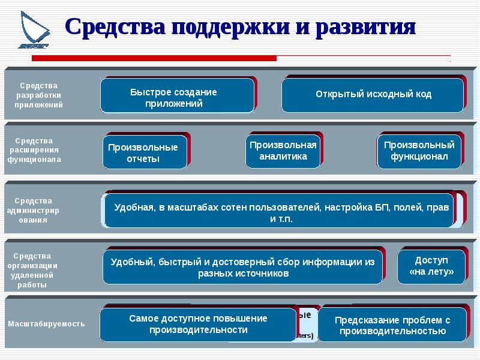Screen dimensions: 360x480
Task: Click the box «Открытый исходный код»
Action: (373, 95)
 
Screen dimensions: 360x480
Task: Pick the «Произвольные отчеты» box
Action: (143, 152)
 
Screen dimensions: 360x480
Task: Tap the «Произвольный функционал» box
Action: (419, 151)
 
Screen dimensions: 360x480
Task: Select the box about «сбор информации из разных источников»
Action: (243, 268)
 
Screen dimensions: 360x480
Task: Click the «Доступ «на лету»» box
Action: (431, 266)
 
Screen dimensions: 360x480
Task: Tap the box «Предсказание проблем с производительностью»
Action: (392, 325)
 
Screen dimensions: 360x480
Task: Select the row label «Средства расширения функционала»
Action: (35, 150)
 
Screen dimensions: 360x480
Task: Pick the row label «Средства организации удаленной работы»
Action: (35, 270)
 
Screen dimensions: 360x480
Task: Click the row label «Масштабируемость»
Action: (46, 324)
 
